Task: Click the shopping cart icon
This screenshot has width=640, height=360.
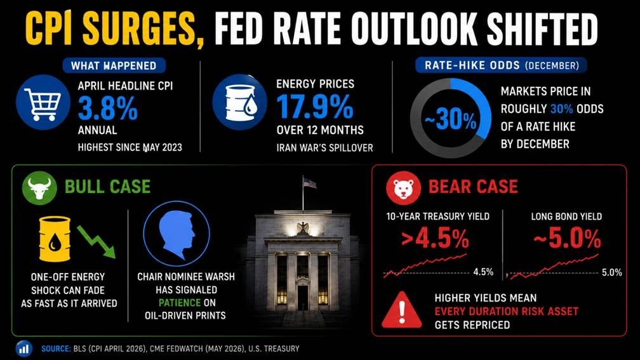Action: (x=43, y=102)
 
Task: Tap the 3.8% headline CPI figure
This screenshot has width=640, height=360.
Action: (x=108, y=108)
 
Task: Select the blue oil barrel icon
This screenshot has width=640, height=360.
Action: (x=240, y=102)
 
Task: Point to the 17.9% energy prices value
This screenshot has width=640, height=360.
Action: (x=315, y=107)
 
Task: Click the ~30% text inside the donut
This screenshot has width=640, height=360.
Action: (x=450, y=120)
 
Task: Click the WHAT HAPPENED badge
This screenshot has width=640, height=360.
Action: (x=114, y=66)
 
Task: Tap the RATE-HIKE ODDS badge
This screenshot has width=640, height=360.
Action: (x=501, y=65)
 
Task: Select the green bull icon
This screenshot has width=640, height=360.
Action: (x=39, y=187)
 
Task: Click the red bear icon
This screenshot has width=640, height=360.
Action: (x=403, y=187)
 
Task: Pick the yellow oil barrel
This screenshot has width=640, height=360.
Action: (x=55, y=239)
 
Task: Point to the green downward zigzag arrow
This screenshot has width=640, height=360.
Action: (x=97, y=242)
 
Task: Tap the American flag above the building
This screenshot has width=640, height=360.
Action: (x=310, y=183)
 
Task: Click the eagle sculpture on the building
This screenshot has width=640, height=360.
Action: (x=303, y=228)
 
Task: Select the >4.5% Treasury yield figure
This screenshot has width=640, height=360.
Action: (x=435, y=238)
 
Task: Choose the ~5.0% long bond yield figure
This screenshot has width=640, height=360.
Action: (x=567, y=238)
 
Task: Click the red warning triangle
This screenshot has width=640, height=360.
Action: (x=402, y=310)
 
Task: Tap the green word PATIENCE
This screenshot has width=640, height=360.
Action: (x=180, y=303)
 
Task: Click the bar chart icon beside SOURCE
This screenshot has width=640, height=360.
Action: (x=24, y=349)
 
